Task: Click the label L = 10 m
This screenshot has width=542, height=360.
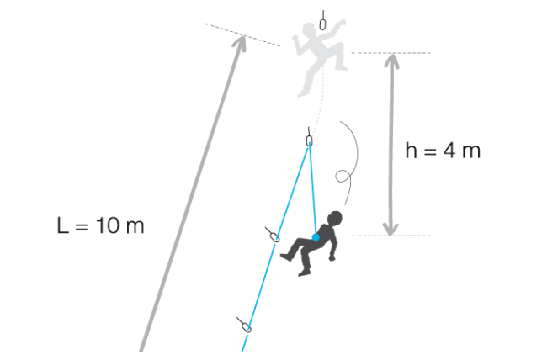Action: coord(100,225)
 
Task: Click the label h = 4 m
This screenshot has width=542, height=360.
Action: coord(443,151)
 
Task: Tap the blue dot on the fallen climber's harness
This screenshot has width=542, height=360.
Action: coord(316,237)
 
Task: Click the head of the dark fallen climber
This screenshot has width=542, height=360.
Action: coord(335,218)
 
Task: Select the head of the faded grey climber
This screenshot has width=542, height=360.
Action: coord(309,29)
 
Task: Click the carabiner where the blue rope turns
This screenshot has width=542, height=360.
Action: coord(310,140)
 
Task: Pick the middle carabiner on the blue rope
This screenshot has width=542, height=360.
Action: coord(275,237)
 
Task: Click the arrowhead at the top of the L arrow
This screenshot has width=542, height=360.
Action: coord(242,41)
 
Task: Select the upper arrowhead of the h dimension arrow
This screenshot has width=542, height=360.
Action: coord(392,61)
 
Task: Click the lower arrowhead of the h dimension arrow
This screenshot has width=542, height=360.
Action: coord(391,229)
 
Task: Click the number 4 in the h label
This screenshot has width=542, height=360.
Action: coord(449,151)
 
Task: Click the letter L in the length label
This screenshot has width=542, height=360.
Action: coord(62,225)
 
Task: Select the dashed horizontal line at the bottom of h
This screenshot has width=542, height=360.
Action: coord(391,236)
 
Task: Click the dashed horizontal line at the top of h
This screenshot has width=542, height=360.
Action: coord(391,53)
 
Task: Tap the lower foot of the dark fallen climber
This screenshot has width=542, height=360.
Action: coord(304,273)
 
